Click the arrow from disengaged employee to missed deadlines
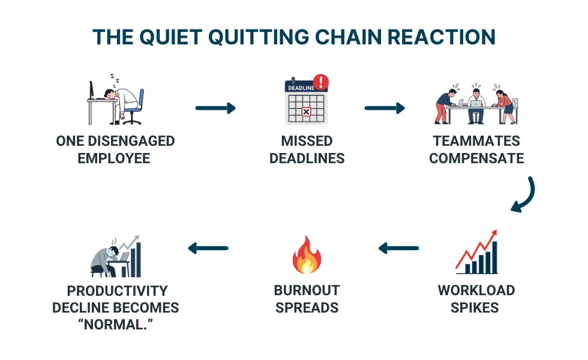coord(215,109)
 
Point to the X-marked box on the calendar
coord(306,112)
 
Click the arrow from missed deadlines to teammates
coord(385,109)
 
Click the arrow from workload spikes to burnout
coord(398,247)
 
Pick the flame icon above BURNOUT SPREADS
coord(306,255)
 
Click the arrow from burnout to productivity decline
coord(208,247)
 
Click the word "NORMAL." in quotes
coord(115,325)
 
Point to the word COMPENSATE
coord(476,159)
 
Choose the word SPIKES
coord(476,308)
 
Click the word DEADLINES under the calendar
coord(307,159)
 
